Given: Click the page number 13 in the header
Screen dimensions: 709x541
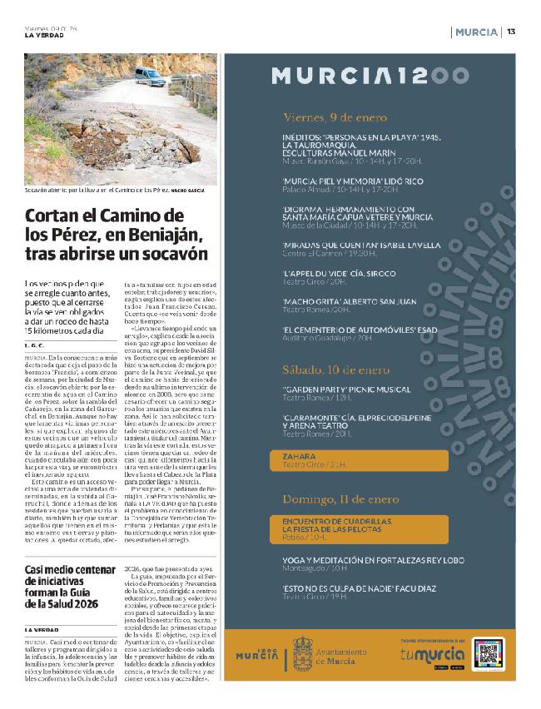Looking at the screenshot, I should (511, 32).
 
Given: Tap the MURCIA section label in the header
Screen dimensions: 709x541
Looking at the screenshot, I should (478, 32).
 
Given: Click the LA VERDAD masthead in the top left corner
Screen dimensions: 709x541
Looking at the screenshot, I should (43, 35).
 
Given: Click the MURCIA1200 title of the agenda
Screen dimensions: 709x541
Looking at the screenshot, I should (370, 77).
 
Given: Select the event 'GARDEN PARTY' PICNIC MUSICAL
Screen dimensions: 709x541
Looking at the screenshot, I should (340, 389).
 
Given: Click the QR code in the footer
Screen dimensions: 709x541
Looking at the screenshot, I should (487, 653).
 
